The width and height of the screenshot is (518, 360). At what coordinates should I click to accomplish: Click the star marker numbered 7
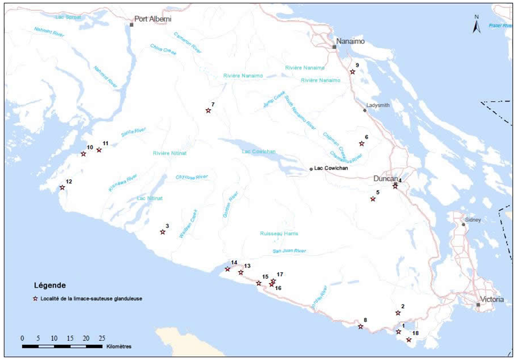(208, 111)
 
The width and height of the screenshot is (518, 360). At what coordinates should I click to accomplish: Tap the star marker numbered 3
(162, 232)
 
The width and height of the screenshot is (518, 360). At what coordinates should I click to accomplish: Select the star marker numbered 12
(62, 188)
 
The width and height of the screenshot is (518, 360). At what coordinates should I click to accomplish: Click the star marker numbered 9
(353, 72)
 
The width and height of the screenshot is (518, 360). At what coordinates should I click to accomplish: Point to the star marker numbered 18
(409, 340)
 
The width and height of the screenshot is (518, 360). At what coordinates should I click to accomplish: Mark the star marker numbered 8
(360, 327)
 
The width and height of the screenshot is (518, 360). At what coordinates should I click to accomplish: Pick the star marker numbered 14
(228, 269)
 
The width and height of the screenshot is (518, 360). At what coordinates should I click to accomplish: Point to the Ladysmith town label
(378, 105)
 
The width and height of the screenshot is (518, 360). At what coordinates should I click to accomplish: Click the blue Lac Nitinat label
(148, 198)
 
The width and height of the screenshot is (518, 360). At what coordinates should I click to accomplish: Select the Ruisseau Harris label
(279, 233)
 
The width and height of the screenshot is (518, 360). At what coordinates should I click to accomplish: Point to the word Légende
(50, 285)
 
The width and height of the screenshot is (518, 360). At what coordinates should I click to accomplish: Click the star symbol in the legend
(36, 299)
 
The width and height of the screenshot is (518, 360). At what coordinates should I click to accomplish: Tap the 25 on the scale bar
(102, 338)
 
